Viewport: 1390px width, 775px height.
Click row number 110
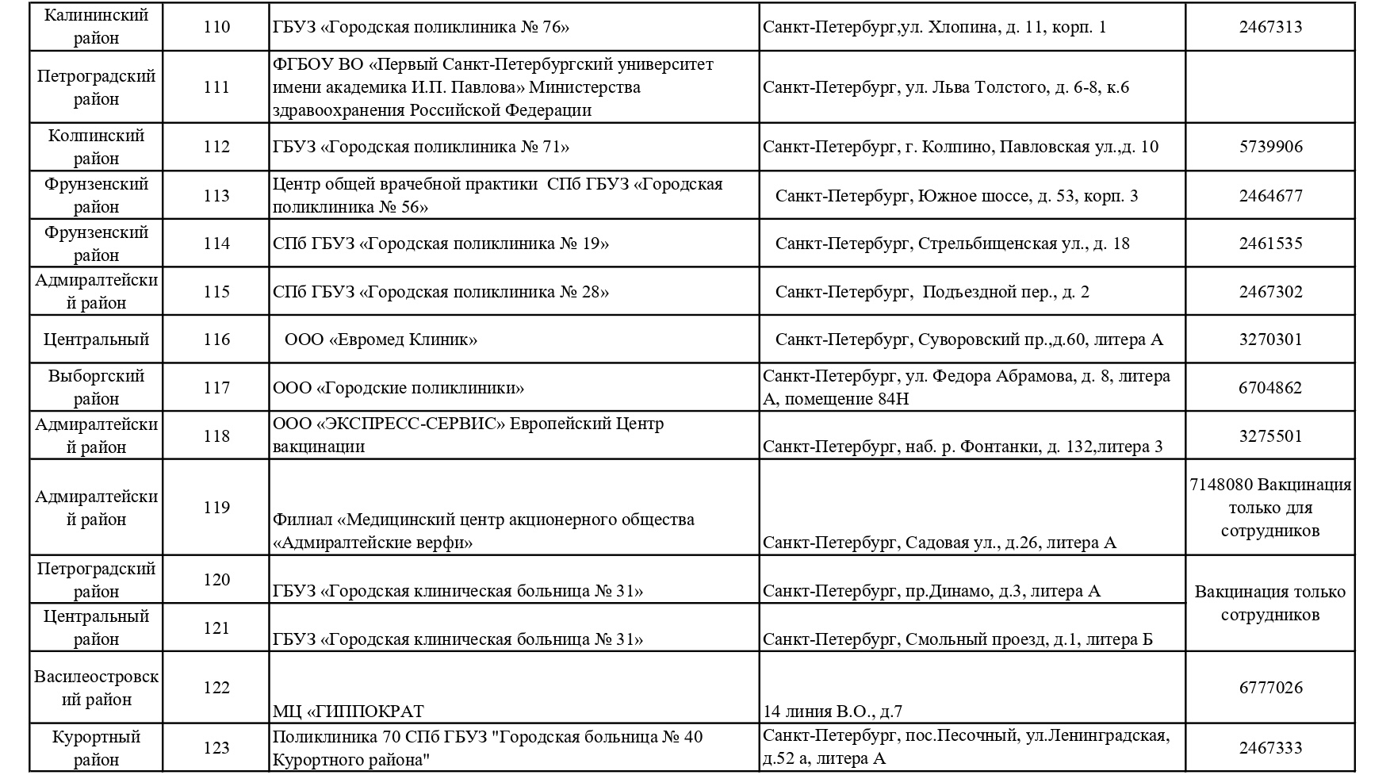pyautogui.click(x=216, y=27)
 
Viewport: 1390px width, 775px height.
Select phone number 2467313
pyautogui.click(x=1270, y=27)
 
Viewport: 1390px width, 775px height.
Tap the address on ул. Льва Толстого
pyautogui.click(x=945, y=87)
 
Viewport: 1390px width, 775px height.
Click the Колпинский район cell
pyautogui.click(x=96, y=147)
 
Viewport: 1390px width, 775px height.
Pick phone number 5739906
pyautogui.click(x=1270, y=147)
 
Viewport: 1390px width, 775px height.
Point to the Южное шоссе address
pyautogui.click(x=956, y=196)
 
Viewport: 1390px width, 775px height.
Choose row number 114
pyautogui.click(x=216, y=244)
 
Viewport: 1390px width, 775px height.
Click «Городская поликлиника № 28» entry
pyautogui.click(x=441, y=292)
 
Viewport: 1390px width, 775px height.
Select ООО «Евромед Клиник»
pyautogui.click(x=381, y=340)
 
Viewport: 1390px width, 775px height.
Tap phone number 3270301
pyautogui.click(x=1270, y=340)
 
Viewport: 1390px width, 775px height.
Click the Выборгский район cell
pyautogui.click(x=96, y=387)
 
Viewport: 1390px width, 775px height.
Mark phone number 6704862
pyautogui.click(x=1270, y=388)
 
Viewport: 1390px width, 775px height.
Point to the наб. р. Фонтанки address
pyautogui.click(x=963, y=447)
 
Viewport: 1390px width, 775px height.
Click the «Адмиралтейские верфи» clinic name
pyautogui.click(x=484, y=531)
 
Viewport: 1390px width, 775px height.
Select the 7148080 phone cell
pyautogui.click(x=1270, y=507)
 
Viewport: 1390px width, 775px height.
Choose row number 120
pyautogui.click(x=216, y=580)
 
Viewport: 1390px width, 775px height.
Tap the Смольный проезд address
pyautogui.click(x=958, y=639)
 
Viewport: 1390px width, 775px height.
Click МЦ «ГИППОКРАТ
pyautogui.click(x=348, y=712)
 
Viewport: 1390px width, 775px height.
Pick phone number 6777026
pyautogui.click(x=1270, y=688)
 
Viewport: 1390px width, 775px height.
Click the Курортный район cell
pyautogui.click(x=96, y=748)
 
